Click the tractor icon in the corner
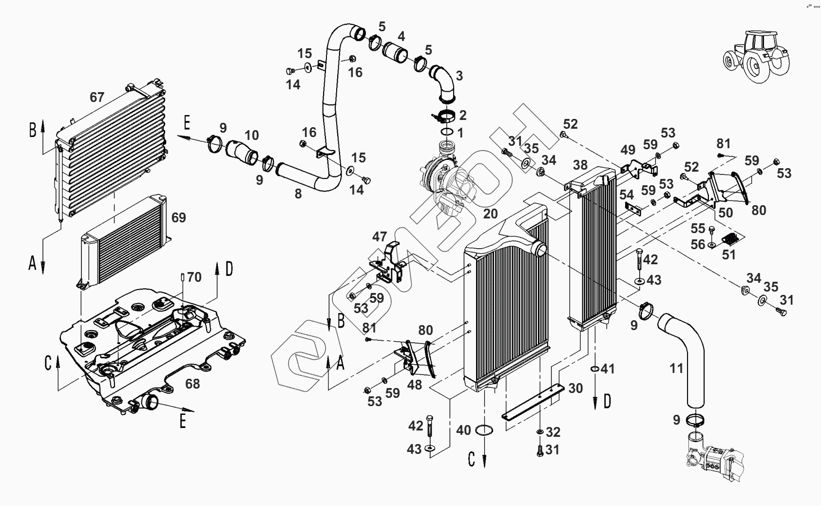point(757,57)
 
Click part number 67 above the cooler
point(97,97)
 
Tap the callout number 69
point(179,217)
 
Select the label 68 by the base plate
point(192,384)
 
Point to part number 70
point(194,277)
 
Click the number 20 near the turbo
point(490,214)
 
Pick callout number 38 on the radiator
point(580,165)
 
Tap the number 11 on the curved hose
point(676,368)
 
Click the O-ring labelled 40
point(484,430)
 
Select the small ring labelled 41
point(595,369)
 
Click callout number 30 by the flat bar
point(575,388)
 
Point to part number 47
point(380,236)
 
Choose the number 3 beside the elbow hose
point(459,76)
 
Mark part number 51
point(728,255)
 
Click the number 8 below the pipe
point(298,194)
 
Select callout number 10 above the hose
point(251,136)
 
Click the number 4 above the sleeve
point(401,36)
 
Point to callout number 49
point(628,150)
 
